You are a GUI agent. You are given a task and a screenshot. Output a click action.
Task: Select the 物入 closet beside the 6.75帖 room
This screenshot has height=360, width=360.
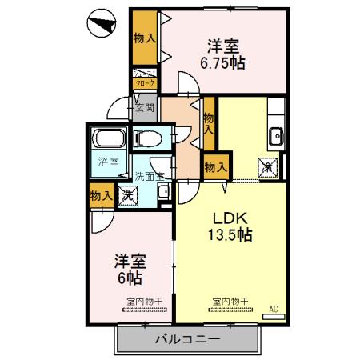pos(144,38)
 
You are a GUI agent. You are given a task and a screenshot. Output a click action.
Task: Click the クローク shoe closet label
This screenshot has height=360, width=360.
pos(145,82)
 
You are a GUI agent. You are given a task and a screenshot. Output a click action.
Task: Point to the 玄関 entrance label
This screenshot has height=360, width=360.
pos(145,107)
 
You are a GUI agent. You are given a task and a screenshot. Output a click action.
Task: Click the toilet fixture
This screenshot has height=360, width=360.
pos(150,138)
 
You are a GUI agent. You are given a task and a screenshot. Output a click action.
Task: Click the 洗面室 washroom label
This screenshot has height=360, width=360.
pos(149,176)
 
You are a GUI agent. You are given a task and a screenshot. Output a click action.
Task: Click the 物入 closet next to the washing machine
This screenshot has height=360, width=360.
pos(102,195)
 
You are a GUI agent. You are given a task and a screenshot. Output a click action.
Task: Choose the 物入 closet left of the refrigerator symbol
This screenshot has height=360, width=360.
pos(215,166)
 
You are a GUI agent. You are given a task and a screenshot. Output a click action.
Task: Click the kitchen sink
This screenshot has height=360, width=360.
pos(276,134)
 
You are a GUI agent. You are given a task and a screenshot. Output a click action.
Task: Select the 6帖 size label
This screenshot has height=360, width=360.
pos(128,278)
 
